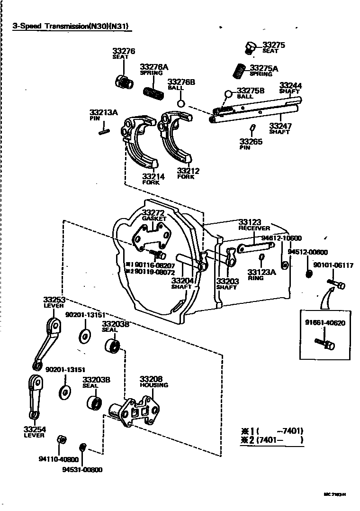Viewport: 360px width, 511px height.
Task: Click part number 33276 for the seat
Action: tap(124, 51)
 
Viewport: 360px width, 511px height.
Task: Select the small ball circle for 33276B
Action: tap(180, 103)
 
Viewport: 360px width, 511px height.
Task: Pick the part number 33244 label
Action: tap(290, 86)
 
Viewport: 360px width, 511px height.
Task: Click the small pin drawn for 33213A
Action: tap(105, 128)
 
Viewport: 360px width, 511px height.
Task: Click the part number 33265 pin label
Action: tap(251, 141)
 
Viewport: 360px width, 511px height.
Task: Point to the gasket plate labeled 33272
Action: tap(151, 237)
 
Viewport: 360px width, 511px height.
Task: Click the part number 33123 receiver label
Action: tap(250, 222)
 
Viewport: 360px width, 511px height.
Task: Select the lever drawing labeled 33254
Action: tap(35, 396)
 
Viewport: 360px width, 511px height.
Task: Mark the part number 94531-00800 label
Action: tap(82, 469)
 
